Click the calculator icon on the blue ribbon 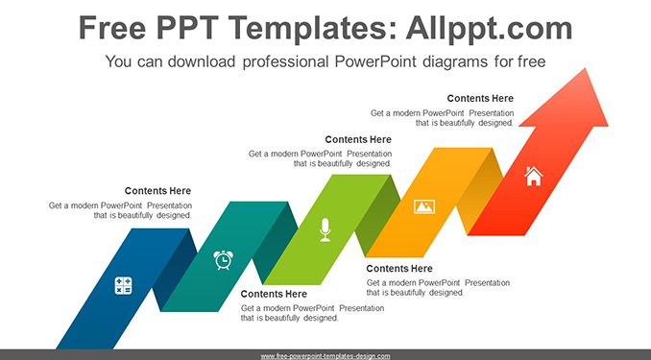click(123, 286)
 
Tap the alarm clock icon click(223, 260)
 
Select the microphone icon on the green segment click(325, 229)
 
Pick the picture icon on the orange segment click(424, 206)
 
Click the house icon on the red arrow click(534, 176)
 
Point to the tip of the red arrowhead click(586, 68)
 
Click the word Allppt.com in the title click(489, 28)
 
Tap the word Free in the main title click(112, 28)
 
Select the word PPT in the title click(187, 28)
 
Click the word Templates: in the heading click(312, 29)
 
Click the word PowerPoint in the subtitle click(375, 61)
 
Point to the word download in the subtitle click(202, 61)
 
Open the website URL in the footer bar click(325, 356)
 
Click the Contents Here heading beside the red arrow click(480, 99)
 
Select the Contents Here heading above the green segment click(358, 139)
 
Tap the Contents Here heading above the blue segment click(157, 191)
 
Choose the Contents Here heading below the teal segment click(274, 294)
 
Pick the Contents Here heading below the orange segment click(399, 269)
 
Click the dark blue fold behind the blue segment click(175, 270)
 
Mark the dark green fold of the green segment click(377, 216)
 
